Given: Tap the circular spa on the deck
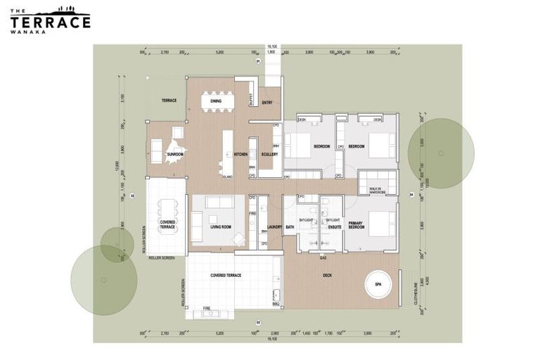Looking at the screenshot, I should coord(378,284).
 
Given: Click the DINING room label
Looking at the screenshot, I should coord(216,101).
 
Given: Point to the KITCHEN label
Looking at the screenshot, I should coord(240,154).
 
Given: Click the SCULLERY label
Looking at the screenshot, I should coord(269,154).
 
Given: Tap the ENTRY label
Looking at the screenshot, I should coord(267,103).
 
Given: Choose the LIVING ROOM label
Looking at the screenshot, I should coord(221,226).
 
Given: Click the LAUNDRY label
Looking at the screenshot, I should coord(274,226).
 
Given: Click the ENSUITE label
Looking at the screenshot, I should coord(334,226).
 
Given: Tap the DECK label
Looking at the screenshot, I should coord(327,276).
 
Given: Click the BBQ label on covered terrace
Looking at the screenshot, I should coord(276,304).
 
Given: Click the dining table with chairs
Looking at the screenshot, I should coord(217,103).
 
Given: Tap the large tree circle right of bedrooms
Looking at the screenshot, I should coord(441,153).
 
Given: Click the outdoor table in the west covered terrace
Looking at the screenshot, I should coord(167,208).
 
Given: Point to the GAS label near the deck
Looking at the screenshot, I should coord(323,257).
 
